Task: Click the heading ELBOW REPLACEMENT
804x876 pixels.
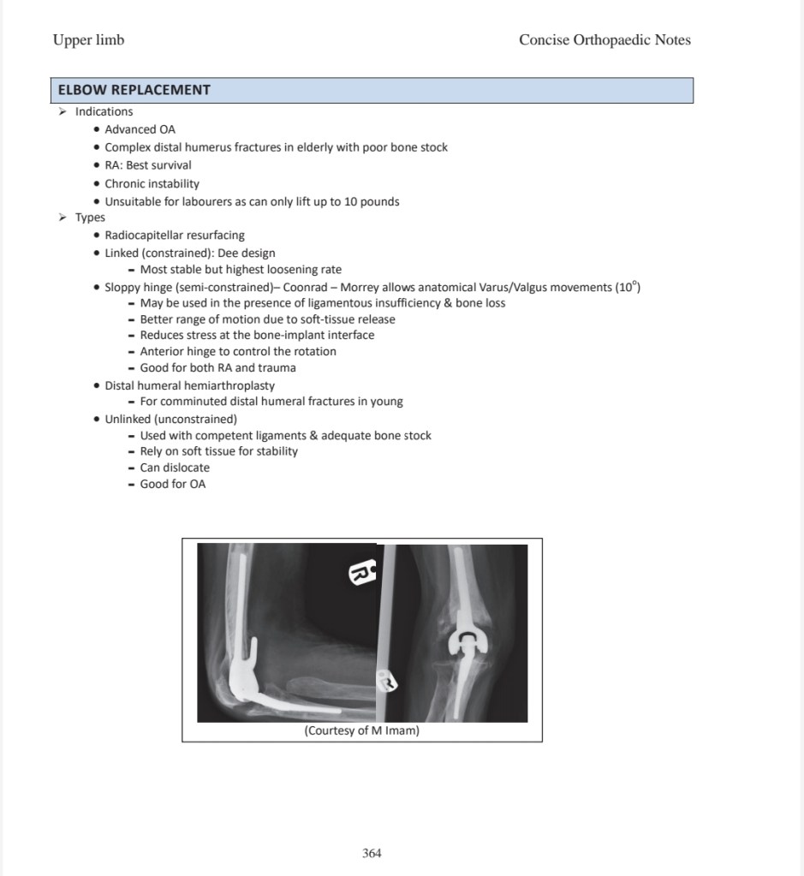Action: (x=134, y=90)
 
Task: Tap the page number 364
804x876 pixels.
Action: (x=372, y=853)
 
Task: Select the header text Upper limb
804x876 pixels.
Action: (x=88, y=40)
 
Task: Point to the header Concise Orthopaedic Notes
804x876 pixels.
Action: (x=604, y=40)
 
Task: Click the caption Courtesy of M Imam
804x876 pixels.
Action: (x=362, y=730)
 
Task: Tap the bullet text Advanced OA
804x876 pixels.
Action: (x=140, y=129)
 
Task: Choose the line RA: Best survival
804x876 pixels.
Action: (x=148, y=165)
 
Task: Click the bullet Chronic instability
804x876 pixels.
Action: (x=152, y=183)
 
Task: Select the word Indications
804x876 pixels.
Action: (x=104, y=111)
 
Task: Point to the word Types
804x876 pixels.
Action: (x=90, y=218)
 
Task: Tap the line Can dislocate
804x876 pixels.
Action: (x=175, y=468)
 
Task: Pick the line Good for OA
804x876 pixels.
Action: (x=173, y=484)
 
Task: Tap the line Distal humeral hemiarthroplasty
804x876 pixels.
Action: (x=189, y=385)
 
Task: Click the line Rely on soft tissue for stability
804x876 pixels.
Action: (x=219, y=451)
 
